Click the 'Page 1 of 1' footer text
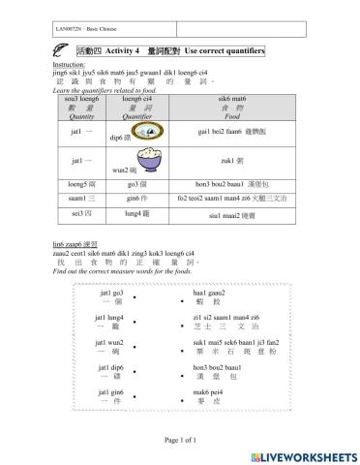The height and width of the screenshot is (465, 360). coord(179,440)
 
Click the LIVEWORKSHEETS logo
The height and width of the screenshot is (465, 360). coord(303,454)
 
